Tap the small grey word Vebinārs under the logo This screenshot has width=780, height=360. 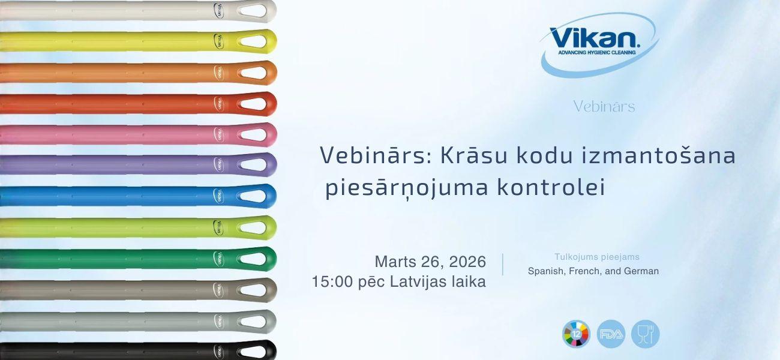click(x=604, y=107)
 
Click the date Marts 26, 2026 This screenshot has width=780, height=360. click(x=430, y=262)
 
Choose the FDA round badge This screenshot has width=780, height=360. click(x=611, y=334)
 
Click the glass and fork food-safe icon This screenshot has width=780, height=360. click(x=645, y=334)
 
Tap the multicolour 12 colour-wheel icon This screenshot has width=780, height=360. click(x=576, y=334)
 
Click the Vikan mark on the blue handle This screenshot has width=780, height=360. click(x=218, y=196)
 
